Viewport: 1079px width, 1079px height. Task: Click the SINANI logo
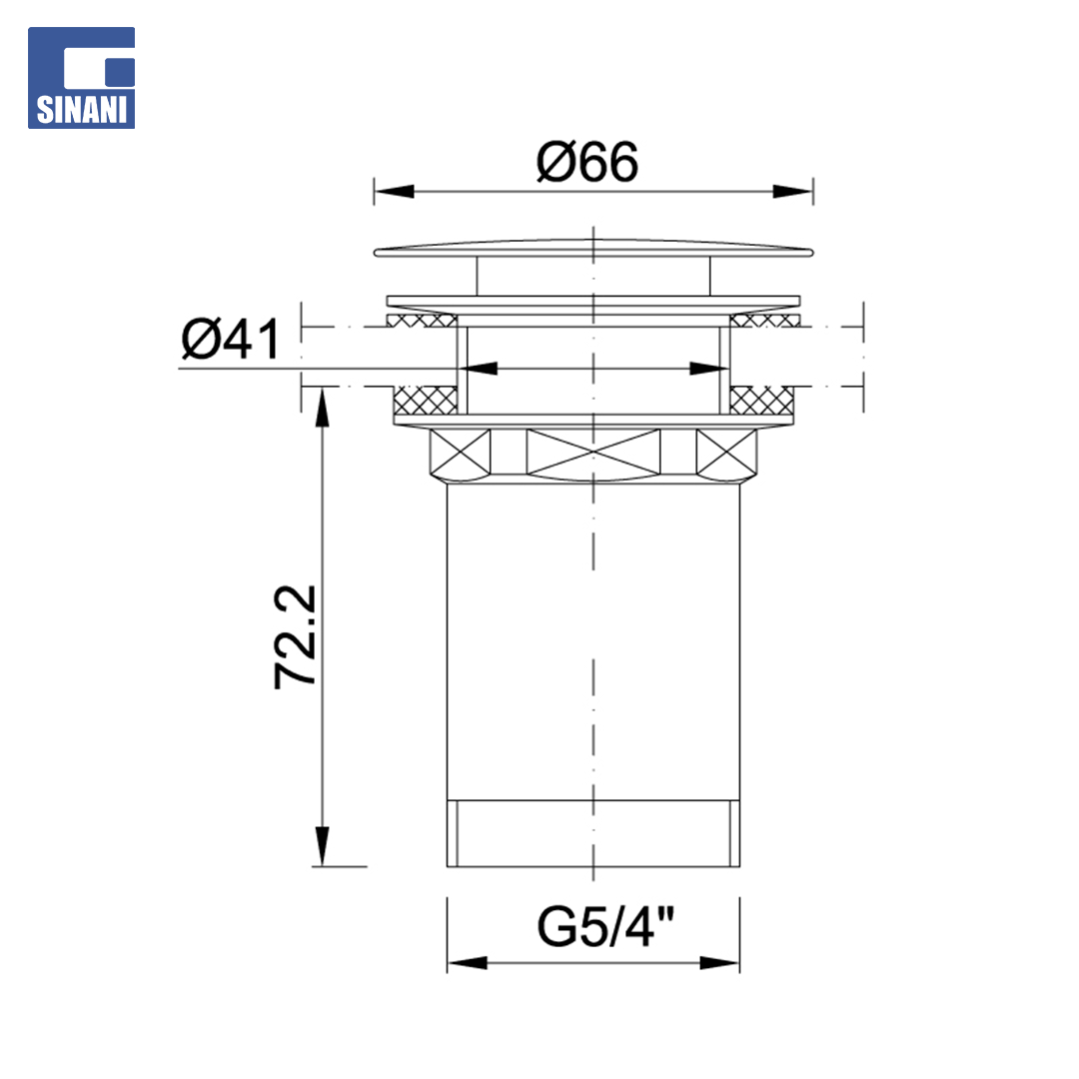click(81, 78)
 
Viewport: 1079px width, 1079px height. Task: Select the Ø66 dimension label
click(587, 163)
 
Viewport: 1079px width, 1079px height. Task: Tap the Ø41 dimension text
click(231, 339)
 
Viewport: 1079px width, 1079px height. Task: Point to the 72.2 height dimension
click(295, 636)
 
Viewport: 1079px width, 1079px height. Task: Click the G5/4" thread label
click(605, 927)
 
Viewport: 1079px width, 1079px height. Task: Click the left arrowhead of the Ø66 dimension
click(395, 191)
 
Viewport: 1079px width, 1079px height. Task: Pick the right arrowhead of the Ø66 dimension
click(792, 191)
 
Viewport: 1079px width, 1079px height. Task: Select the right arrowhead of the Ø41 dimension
click(709, 369)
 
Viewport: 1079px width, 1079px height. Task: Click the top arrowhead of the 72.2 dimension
click(322, 407)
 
